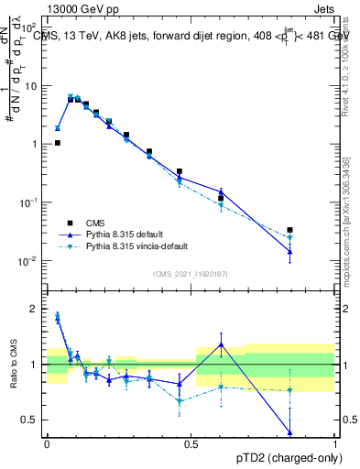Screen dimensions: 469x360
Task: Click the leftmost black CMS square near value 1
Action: tap(58, 143)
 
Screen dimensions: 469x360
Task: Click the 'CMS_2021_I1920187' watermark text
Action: tap(191, 274)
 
